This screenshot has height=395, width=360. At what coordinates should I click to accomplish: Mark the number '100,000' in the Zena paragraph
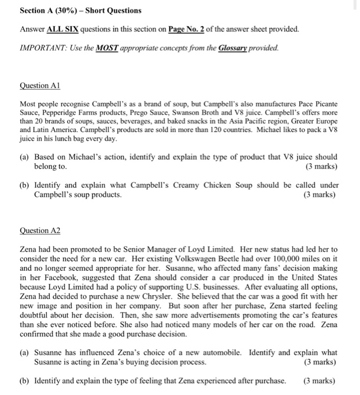point(272,258)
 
